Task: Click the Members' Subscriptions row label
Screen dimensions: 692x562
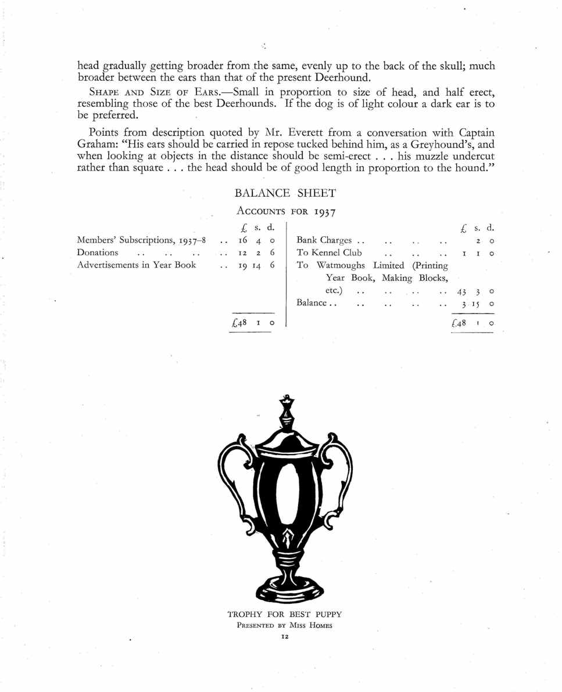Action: coord(141,240)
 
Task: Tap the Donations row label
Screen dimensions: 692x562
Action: coord(98,253)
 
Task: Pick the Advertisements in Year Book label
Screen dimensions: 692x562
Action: coord(137,265)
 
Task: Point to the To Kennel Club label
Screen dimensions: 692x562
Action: coord(329,253)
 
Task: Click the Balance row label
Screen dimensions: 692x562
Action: coord(313,303)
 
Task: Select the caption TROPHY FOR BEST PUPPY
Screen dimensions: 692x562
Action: coord(285,614)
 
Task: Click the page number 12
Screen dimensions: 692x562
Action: coord(285,637)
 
